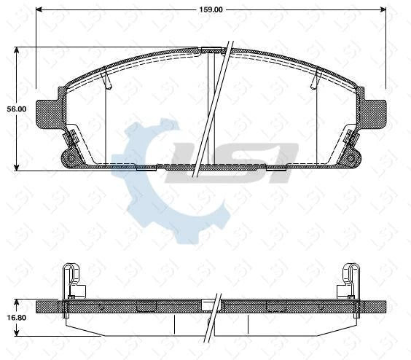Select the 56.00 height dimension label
[x=16, y=109]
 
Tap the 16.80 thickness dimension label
[x=16, y=318]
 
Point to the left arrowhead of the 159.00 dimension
[x=39, y=10]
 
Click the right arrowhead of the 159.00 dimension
[x=383, y=10]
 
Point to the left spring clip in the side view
[x=71, y=281]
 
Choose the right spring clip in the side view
[x=350, y=281]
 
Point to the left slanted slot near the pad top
[x=107, y=78]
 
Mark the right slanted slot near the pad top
[x=316, y=78]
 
